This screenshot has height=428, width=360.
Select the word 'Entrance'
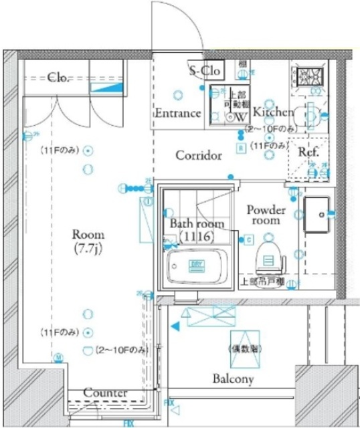tap(178, 113)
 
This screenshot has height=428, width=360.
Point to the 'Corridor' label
tap(198, 156)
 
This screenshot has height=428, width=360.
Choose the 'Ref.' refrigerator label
tap(308, 152)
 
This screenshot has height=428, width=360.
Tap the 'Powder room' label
tap(266, 215)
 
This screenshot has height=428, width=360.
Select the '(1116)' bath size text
tap(195, 237)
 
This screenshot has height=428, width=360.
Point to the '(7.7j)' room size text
tap(88, 249)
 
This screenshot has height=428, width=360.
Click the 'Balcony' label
tap(233, 379)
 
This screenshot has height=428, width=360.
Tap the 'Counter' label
tap(106, 393)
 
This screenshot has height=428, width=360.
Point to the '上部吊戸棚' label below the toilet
tap(262, 282)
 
